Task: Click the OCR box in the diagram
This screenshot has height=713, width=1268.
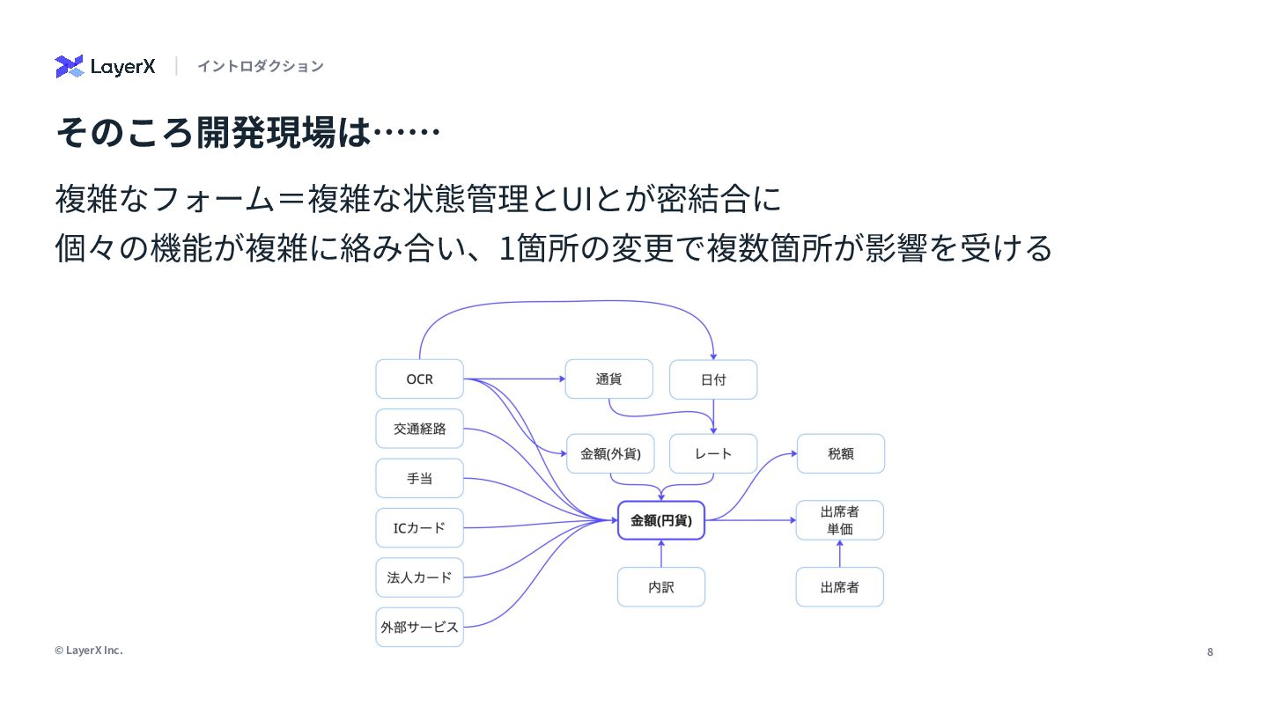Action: tap(419, 379)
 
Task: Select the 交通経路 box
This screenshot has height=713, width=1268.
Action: tap(419, 429)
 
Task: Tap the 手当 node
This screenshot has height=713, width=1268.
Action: tap(419, 479)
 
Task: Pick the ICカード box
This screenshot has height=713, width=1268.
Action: tap(419, 528)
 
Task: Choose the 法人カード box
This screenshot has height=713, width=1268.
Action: tap(419, 577)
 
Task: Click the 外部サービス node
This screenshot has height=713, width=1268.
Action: tap(419, 628)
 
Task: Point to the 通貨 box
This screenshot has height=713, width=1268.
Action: tap(608, 379)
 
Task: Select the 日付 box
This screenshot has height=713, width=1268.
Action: tap(713, 380)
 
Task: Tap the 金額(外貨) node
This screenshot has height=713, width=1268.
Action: tap(610, 454)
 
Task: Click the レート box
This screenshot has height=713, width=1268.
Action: tap(713, 454)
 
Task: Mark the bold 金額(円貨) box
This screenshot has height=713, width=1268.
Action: tap(661, 520)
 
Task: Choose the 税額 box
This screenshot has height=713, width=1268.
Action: tap(841, 454)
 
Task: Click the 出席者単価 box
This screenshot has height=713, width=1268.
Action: tap(840, 520)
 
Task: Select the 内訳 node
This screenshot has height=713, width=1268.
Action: tap(661, 587)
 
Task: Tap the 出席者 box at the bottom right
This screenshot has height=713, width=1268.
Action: tap(840, 587)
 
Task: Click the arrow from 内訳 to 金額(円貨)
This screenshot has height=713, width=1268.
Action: tap(661, 554)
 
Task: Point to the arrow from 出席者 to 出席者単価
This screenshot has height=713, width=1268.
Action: tap(840, 554)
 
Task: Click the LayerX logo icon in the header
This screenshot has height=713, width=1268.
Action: tap(69, 66)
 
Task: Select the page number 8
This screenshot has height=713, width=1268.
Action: tap(1210, 652)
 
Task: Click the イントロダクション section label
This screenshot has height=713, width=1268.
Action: tap(260, 66)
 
